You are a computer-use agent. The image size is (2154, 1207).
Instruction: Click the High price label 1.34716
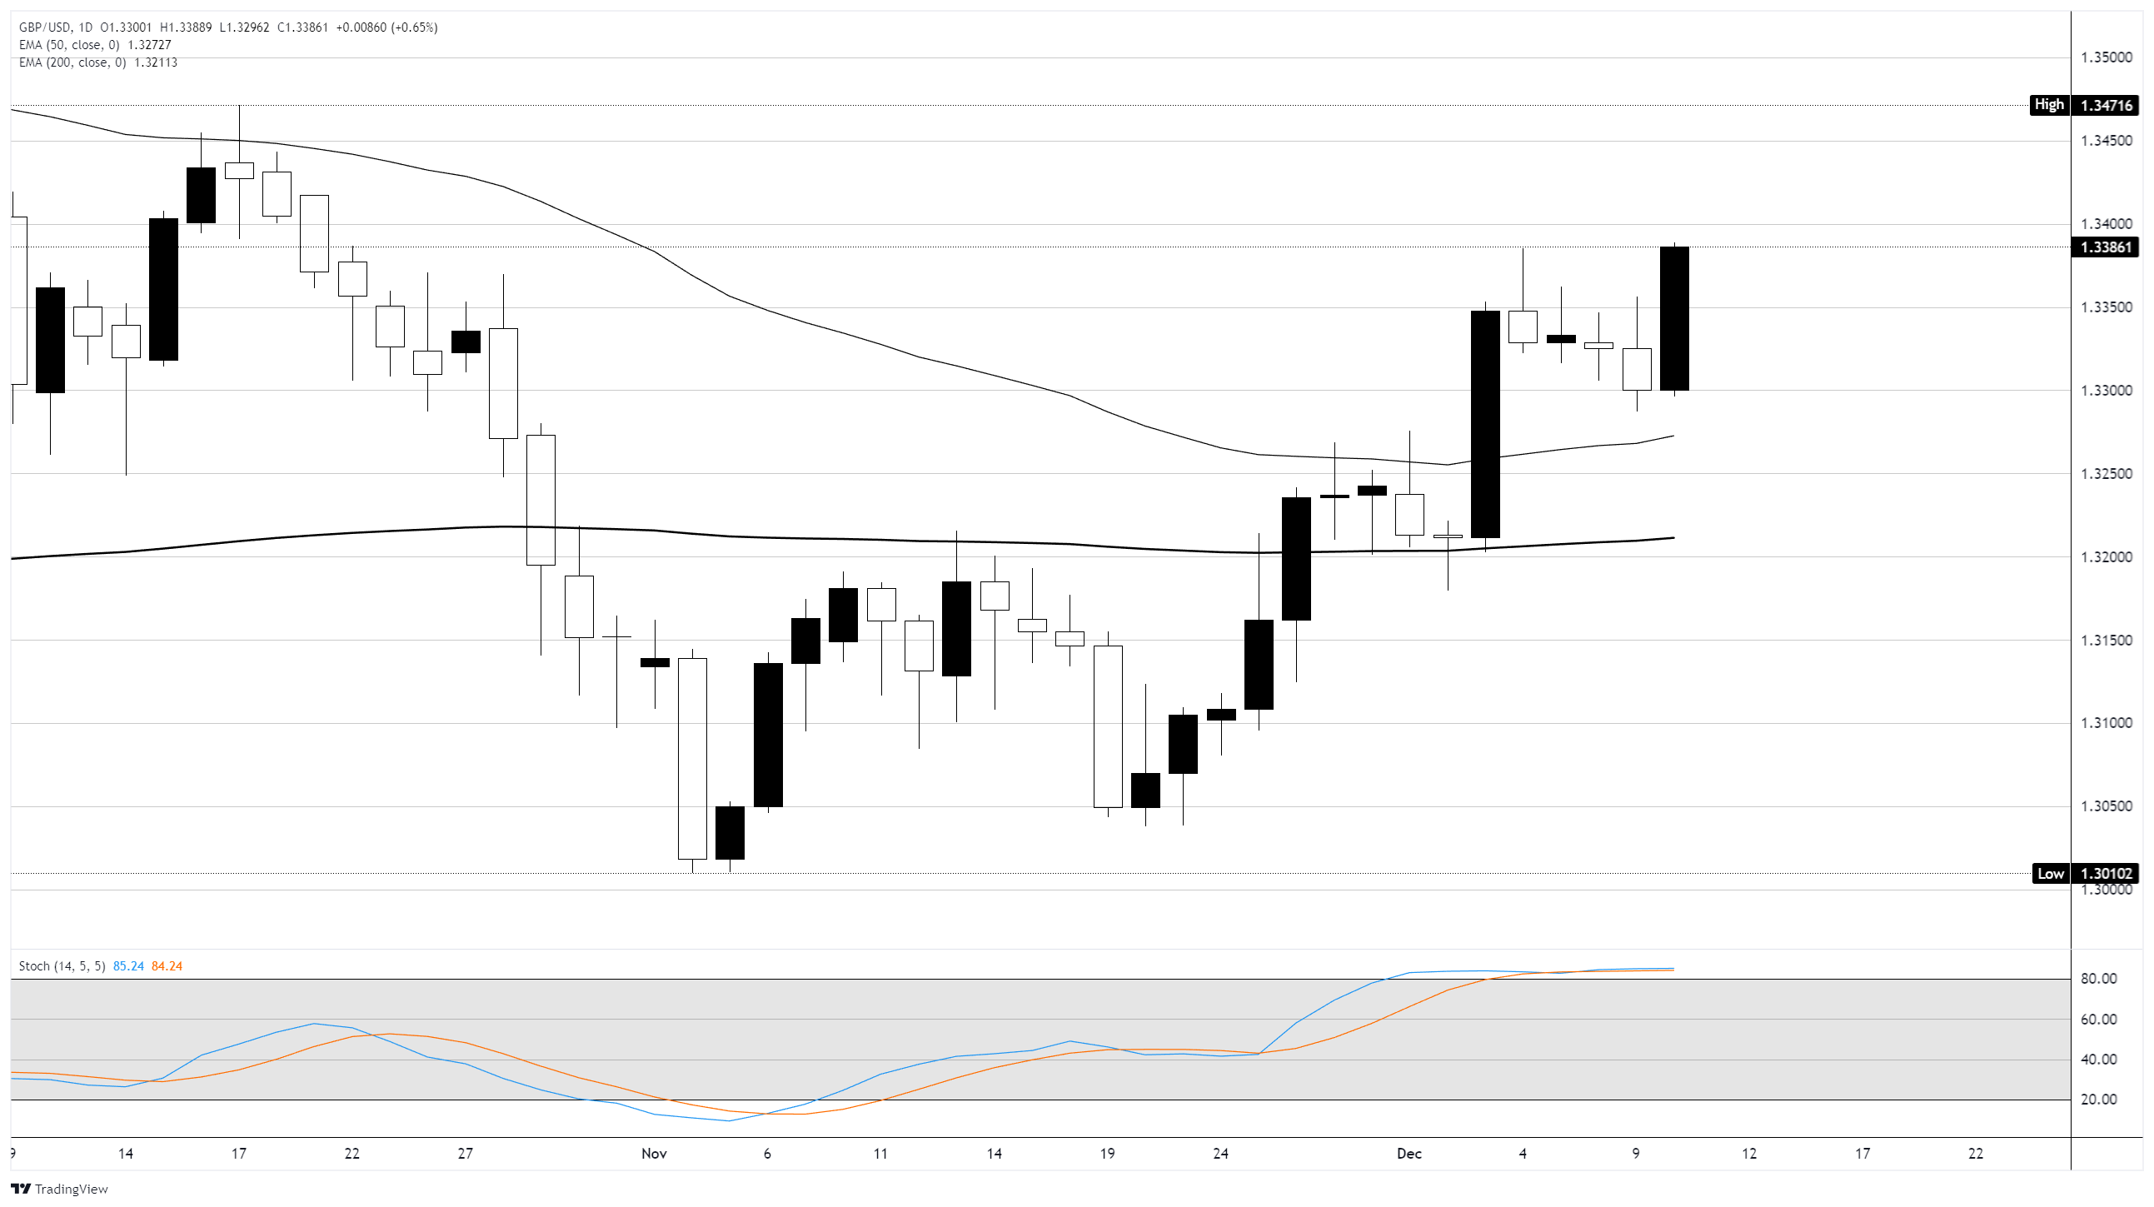coord(2107,106)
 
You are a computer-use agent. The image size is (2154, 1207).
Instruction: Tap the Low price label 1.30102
coord(2107,874)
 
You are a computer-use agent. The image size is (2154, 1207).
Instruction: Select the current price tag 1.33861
coord(2107,247)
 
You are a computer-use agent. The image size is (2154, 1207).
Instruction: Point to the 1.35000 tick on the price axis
coord(2107,57)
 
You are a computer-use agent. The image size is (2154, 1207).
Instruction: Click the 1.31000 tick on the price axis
coord(2107,724)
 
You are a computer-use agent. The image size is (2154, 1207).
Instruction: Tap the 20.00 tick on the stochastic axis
coord(2098,1100)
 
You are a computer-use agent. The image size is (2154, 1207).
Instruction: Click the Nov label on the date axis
coord(654,1155)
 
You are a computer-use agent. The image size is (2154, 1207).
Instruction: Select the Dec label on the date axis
coord(1409,1155)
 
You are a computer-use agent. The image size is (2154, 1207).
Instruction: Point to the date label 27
coord(465,1155)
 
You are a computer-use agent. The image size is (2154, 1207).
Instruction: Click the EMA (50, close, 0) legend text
coord(69,45)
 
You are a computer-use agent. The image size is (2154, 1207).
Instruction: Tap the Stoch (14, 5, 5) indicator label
coord(62,967)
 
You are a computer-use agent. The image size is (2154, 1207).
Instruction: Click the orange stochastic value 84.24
coord(167,967)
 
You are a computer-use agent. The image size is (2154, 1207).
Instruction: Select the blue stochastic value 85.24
coord(128,967)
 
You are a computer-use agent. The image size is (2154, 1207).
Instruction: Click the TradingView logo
coord(59,1190)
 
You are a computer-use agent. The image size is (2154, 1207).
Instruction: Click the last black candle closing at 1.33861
coord(1674,319)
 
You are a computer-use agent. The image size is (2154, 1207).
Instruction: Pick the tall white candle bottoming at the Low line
coord(692,759)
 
